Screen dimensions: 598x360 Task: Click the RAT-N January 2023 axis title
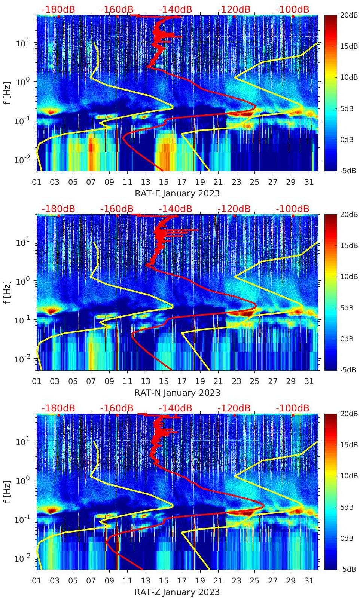(x=177, y=393)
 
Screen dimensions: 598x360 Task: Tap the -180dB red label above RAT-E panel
(x=58, y=9)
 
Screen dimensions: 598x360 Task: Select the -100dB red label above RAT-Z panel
(x=292, y=408)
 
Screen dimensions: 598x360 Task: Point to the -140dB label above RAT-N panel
(x=175, y=209)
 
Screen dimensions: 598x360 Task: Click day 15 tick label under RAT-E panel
(x=164, y=182)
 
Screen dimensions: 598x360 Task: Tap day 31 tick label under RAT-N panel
(x=309, y=381)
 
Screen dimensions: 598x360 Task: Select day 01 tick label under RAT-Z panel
(x=37, y=581)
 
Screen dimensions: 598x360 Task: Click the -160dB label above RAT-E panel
(x=117, y=9)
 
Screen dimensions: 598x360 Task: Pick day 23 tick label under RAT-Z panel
(x=236, y=581)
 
